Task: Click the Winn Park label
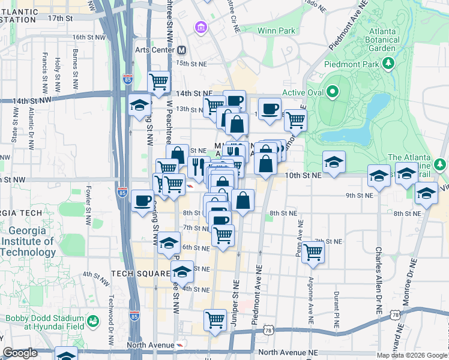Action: [x=276, y=31]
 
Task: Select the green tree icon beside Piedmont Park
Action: [x=388, y=63]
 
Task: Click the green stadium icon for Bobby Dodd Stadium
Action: [x=94, y=322]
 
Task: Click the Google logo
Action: [x=20, y=353]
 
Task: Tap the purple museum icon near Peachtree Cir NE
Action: [x=200, y=28]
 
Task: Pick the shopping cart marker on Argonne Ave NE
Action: [x=313, y=251]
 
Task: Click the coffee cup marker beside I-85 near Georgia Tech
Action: [x=142, y=200]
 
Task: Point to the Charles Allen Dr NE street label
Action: [x=379, y=281]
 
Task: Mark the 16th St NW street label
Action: [x=88, y=37]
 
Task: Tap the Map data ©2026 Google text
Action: [x=412, y=355]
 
